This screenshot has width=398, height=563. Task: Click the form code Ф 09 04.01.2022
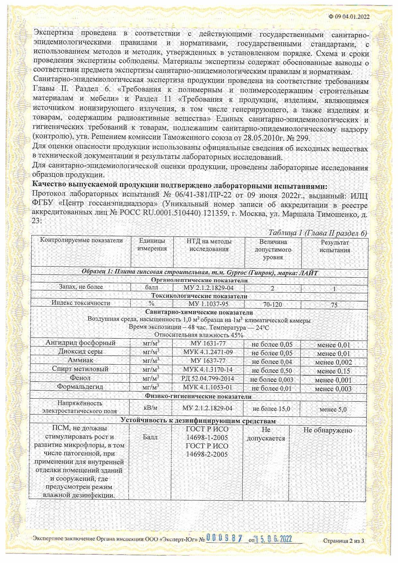coord(349,17)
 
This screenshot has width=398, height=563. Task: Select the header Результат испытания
coord(334,246)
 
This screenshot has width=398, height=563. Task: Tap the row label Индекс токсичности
coord(81,303)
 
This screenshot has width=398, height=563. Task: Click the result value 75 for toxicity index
coord(334,305)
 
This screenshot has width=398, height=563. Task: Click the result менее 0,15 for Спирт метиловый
coord(333,371)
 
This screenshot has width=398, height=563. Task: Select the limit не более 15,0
coord(272,409)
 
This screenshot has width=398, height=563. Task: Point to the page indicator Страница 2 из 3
coord(344,541)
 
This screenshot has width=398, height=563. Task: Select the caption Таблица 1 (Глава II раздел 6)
coord(317,233)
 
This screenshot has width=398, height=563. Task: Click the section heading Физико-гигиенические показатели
coord(198,396)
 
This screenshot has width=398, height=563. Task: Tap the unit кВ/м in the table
coord(151,408)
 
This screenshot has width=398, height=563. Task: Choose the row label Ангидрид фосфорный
coord(80,343)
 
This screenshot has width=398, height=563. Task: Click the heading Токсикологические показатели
coord(199,296)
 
